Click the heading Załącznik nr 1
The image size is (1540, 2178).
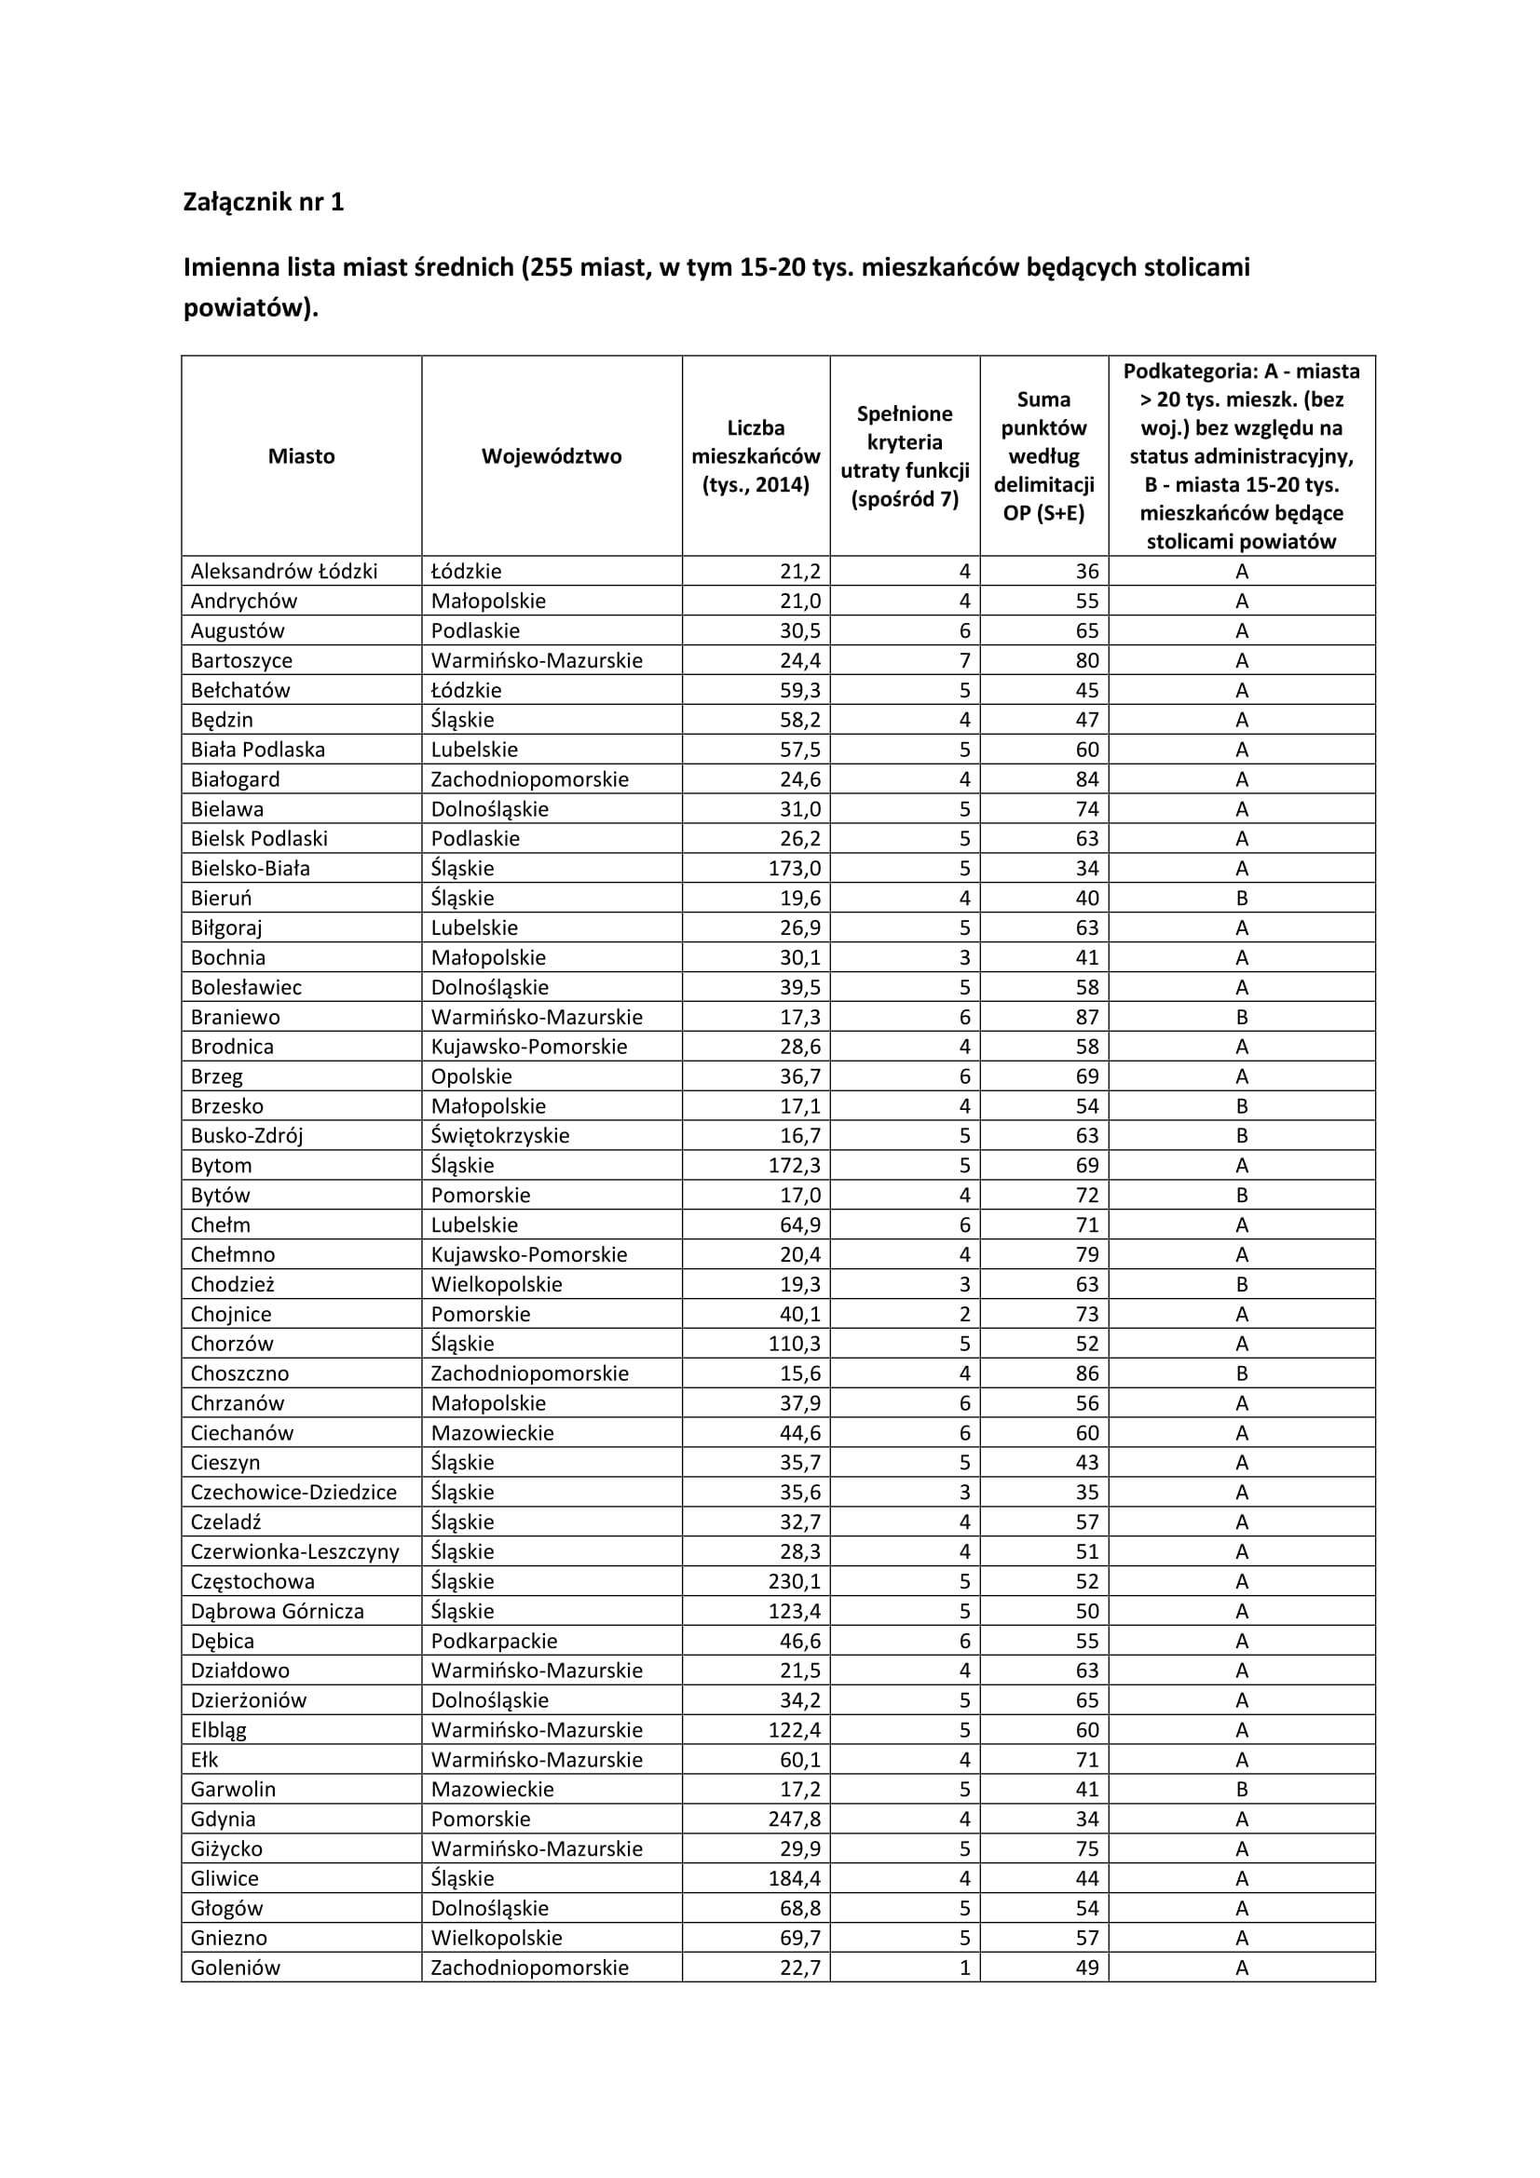[x=263, y=202]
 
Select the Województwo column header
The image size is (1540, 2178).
[x=552, y=456]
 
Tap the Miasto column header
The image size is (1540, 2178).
[x=301, y=456]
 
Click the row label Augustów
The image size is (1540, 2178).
[x=238, y=630]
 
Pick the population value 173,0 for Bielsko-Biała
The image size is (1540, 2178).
[x=794, y=868]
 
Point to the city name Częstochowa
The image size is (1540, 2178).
[x=252, y=1581]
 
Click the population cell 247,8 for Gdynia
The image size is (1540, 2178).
[x=794, y=1819]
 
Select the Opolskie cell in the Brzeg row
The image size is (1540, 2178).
[x=471, y=1076]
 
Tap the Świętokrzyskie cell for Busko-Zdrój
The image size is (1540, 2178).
[x=500, y=1135]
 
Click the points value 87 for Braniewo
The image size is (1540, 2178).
[x=1086, y=1017]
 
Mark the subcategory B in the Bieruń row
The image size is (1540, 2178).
[x=1241, y=899]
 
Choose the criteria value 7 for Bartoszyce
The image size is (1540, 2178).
[x=964, y=660]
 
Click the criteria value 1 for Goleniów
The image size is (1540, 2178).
[x=964, y=1968]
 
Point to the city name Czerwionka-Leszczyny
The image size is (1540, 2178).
[x=295, y=1552]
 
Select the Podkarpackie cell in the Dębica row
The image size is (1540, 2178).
[x=494, y=1641]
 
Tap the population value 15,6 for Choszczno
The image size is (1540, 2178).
[x=800, y=1373]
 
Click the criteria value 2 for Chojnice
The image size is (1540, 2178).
[x=964, y=1314]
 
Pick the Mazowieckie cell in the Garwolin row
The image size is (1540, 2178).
[x=493, y=1789]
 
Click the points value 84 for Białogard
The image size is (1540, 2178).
[x=1086, y=779]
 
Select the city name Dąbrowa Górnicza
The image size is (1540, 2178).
[x=277, y=1611]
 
